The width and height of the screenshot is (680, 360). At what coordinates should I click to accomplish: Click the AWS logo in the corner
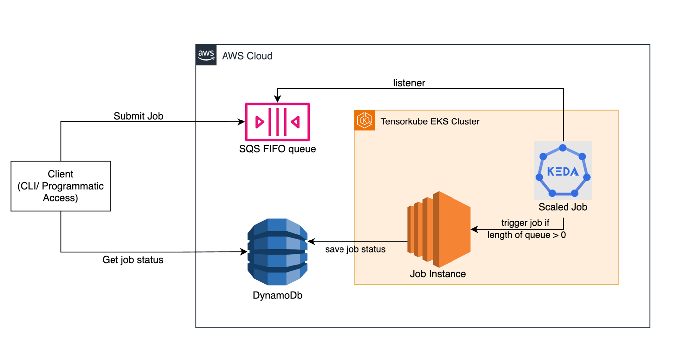206,55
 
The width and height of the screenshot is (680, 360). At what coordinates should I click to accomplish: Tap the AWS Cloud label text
247,56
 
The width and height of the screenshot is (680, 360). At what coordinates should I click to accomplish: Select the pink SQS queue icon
277,122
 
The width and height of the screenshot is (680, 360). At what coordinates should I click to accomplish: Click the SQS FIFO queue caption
277,149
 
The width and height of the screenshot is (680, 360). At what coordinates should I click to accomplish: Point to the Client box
61,186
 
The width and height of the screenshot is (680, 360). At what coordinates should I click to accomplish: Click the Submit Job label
138,116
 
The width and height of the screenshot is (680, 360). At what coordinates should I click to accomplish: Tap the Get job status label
133,260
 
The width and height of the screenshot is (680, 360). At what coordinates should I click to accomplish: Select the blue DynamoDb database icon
277,251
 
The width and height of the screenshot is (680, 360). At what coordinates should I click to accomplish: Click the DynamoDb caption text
277,295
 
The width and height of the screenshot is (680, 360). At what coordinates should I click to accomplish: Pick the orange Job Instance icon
438,230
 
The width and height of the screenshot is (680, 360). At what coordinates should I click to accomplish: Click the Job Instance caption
438,274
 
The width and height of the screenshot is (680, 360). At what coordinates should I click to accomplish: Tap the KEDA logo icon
563,171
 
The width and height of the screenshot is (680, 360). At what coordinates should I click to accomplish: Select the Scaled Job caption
563,207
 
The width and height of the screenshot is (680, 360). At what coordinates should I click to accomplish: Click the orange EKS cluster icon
365,121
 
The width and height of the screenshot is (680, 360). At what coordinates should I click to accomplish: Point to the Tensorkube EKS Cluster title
430,121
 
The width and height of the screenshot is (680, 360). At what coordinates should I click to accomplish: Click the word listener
409,83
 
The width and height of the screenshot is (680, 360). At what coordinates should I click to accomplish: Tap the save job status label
355,249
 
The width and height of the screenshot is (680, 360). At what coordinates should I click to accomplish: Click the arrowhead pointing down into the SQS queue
277,100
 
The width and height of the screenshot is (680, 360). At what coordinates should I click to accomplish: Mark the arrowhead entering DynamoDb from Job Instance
311,241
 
